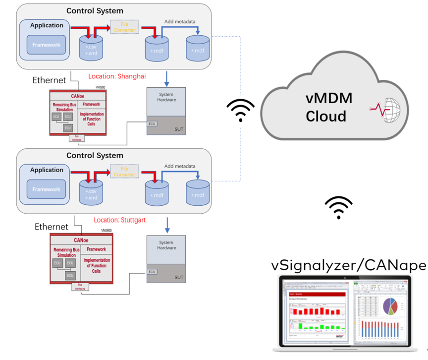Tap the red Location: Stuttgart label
(120, 220)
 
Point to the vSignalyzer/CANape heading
(349, 265)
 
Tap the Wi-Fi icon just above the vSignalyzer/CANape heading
(339, 207)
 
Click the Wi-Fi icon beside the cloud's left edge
(240, 111)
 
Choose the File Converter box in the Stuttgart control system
(124, 172)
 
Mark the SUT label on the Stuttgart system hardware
(179, 278)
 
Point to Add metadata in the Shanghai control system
(180, 22)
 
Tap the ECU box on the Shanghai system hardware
(152, 124)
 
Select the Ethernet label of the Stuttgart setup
(51, 227)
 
